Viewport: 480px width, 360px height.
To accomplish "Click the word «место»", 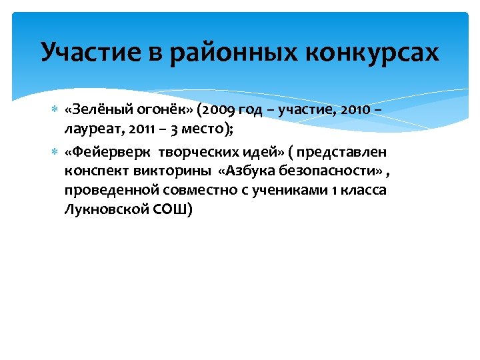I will (x=204, y=128).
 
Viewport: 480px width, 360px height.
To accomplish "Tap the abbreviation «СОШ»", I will (x=175, y=209).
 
